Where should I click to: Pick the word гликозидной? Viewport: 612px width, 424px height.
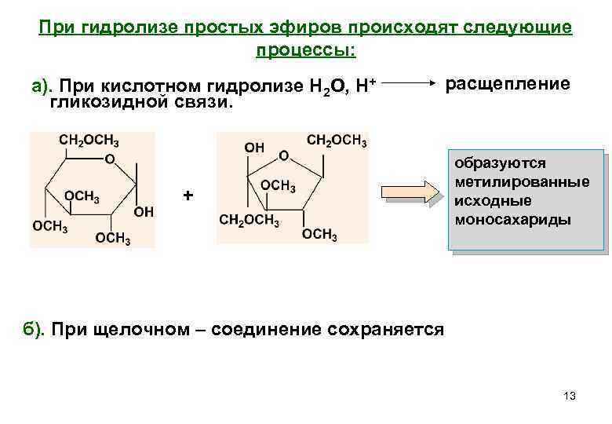point(104,102)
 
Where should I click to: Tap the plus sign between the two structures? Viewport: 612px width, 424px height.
point(187,194)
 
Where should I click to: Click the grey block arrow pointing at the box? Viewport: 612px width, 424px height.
point(413,192)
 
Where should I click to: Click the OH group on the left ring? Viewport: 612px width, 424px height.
point(144,211)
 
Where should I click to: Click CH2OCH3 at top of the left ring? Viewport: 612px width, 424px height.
point(89,141)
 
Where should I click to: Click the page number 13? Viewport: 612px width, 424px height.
point(570,397)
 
